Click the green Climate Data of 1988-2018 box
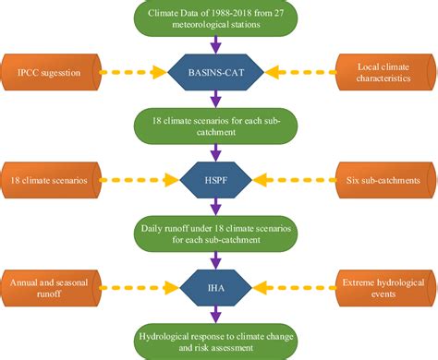(x=213, y=18)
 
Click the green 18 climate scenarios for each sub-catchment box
(x=213, y=126)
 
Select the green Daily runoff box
(x=213, y=234)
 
